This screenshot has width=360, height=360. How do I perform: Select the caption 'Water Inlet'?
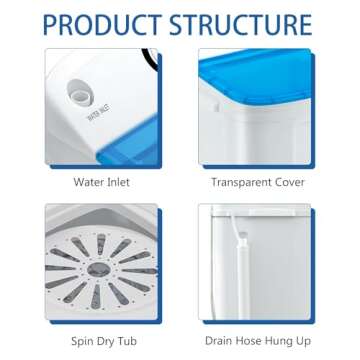point(101,182)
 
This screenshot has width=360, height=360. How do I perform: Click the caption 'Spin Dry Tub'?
point(101,341)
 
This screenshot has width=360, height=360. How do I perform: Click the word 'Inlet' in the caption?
point(117,182)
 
